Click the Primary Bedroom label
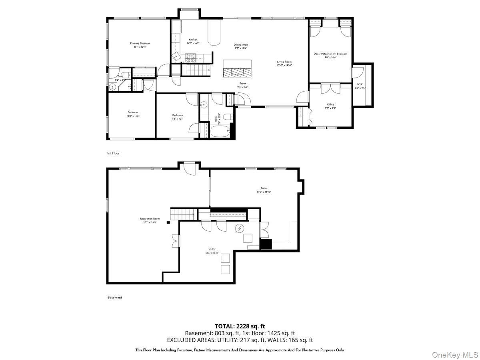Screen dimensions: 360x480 [x=140, y=45]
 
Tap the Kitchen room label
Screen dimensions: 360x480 [x=193, y=41]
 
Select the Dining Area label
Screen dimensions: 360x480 [x=241, y=46]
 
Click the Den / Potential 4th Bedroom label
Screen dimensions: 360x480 [x=330, y=55]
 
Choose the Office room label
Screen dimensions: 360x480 [x=330, y=106]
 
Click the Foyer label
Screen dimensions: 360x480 [x=243, y=85]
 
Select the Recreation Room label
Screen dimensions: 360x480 [x=150, y=220]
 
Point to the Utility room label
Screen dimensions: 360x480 [x=212, y=250]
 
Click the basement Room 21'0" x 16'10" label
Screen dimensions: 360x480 [x=264, y=190]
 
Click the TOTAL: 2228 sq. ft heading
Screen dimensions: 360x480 [x=240, y=326]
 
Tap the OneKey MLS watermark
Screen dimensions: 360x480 [x=462, y=354]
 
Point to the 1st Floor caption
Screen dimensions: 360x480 [x=113, y=153]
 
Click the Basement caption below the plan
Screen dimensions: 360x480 [x=114, y=298]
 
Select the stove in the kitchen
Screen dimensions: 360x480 [x=190, y=59]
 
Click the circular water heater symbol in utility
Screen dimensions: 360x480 [x=240, y=228]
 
